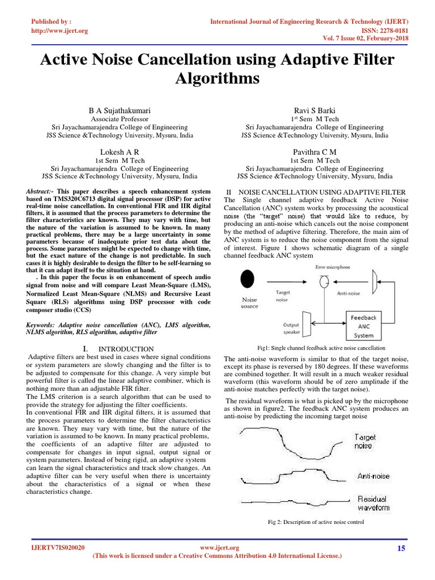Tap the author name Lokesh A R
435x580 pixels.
(x=120, y=152)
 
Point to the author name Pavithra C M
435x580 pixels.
(x=315, y=152)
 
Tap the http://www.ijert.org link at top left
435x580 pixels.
(x=59, y=31)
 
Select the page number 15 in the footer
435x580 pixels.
(x=402, y=548)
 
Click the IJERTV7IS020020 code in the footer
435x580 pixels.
(x=58, y=548)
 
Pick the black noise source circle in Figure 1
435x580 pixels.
(x=248, y=279)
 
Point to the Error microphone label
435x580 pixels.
(x=332, y=266)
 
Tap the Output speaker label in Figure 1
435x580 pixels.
(x=291, y=329)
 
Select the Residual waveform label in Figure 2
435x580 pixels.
(x=373, y=503)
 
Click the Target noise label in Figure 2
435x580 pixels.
(x=365, y=441)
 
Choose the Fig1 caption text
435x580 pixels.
(x=313, y=348)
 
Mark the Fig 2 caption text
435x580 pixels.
(x=316, y=522)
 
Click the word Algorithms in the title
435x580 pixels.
(x=217, y=78)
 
